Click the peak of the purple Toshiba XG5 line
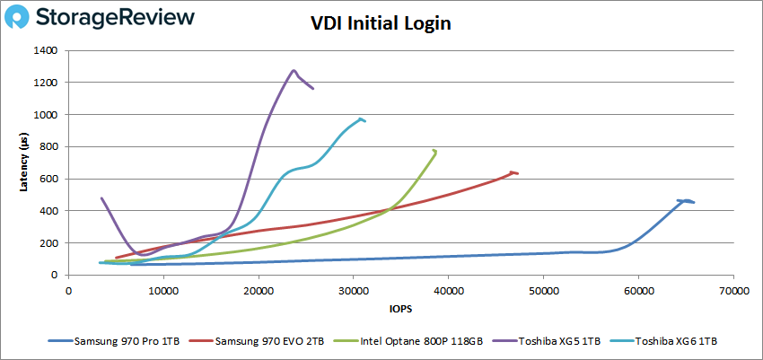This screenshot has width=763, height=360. pyautogui.click(x=294, y=70)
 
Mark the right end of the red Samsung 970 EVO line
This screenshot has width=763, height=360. pyautogui.click(x=517, y=173)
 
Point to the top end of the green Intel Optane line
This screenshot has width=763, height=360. pyautogui.click(x=435, y=151)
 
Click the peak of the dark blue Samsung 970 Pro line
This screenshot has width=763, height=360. pyautogui.click(x=685, y=200)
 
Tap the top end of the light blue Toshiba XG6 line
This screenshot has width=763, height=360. pyautogui.click(x=361, y=119)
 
